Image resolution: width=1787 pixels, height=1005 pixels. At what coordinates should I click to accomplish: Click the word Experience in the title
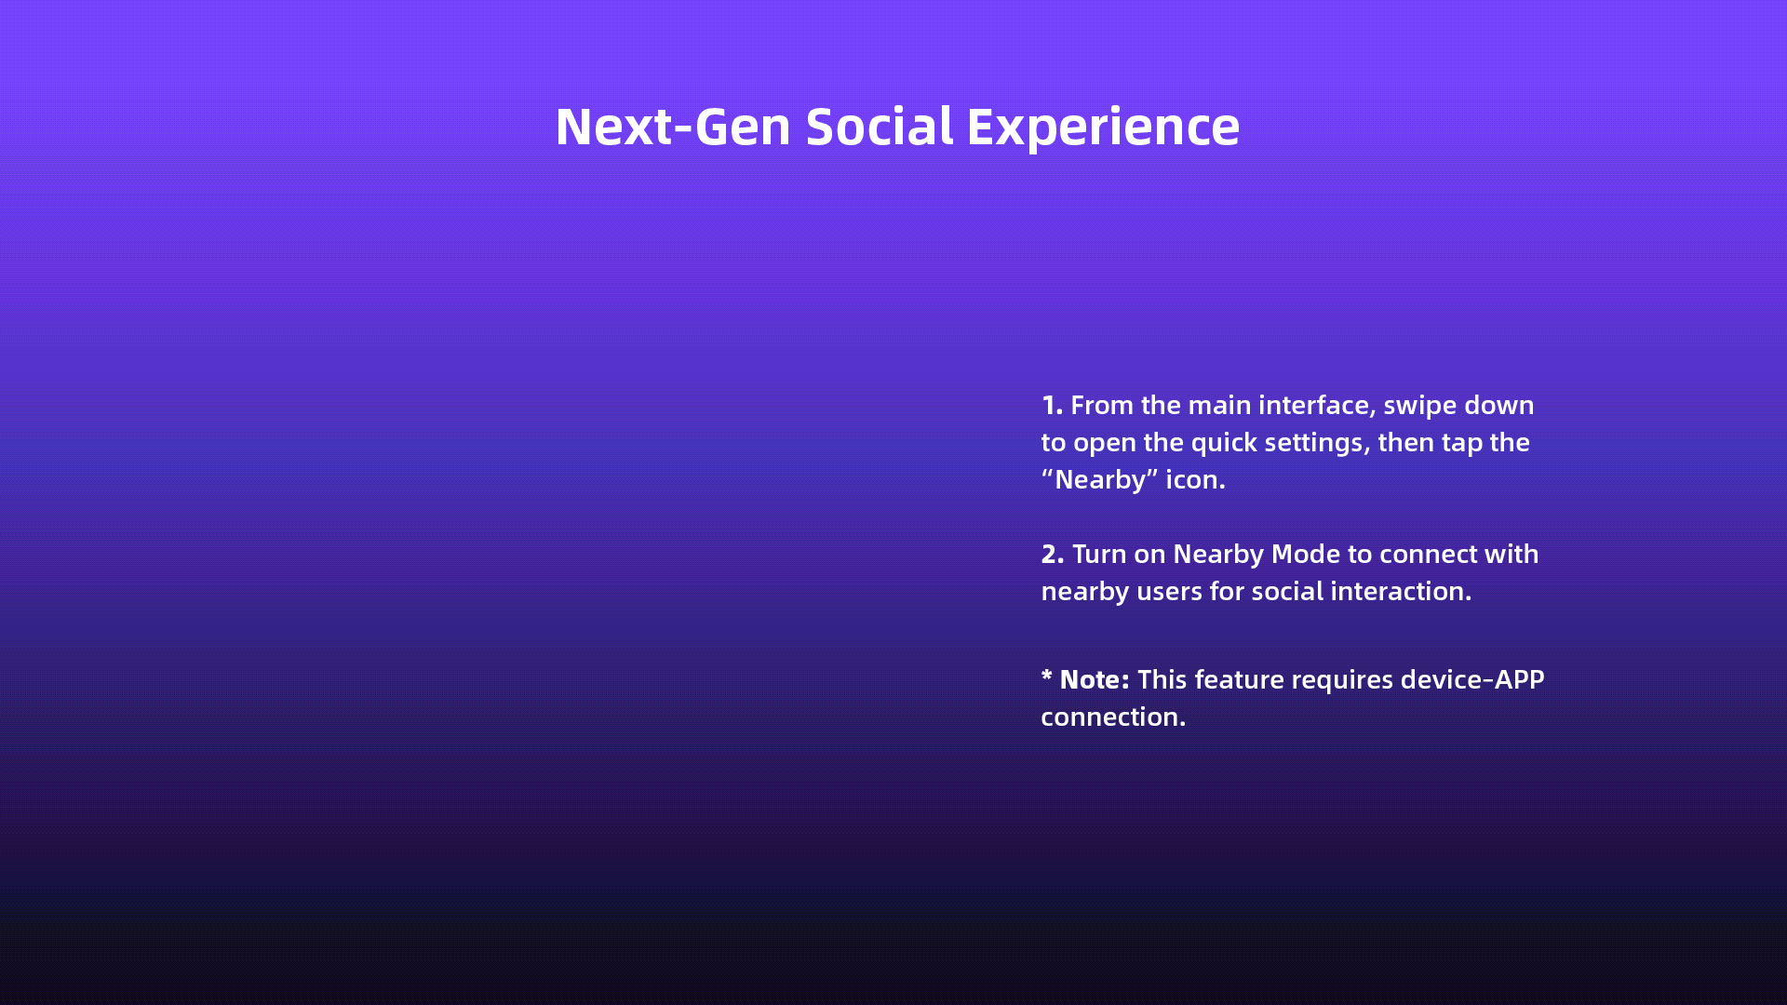(1103, 127)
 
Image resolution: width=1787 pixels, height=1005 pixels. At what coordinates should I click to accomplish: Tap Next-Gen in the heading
(673, 127)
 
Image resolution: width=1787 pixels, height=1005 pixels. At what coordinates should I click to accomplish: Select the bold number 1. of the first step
(1052, 406)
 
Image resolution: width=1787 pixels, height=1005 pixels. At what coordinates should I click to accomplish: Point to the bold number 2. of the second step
(1053, 555)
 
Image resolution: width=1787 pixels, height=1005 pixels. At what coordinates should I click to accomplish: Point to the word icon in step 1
(1195, 480)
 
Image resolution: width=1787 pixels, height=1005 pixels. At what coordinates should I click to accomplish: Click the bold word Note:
(1095, 680)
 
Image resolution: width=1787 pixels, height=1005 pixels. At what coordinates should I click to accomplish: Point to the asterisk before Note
(1047, 675)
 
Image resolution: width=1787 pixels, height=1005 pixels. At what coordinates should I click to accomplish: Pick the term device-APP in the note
(1472, 680)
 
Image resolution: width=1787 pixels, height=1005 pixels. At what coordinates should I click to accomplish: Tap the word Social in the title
(880, 127)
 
